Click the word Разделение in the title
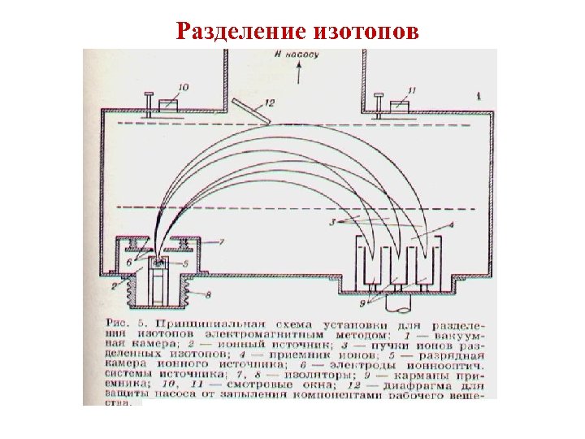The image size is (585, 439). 238,31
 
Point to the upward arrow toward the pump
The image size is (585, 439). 301,74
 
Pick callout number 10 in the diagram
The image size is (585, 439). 184,87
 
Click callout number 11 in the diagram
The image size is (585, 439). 416,89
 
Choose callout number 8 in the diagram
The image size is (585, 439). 210,293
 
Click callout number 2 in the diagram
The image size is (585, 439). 114,286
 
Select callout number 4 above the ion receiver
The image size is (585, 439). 450,224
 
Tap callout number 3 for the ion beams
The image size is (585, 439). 332,221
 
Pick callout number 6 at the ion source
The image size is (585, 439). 128,262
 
